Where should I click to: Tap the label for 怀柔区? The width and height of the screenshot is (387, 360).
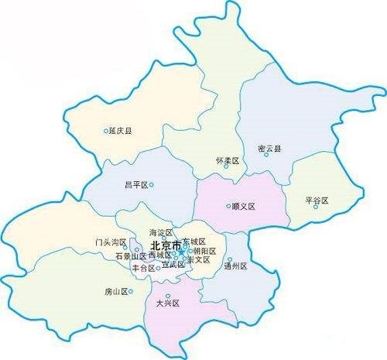click(x=228, y=160)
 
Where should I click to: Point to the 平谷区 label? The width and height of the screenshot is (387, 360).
click(x=317, y=201)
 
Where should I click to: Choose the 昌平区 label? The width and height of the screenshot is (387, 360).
click(x=136, y=185)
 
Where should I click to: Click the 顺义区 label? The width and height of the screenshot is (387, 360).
click(x=244, y=207)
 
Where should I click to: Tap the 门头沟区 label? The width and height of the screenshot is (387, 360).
click(x=110, y=242)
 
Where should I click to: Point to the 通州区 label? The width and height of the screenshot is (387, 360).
click(x=235, y=266)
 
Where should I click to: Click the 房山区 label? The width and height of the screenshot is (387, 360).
click(x=115, y=292)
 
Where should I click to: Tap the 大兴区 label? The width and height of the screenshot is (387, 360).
click(x=167, y=303)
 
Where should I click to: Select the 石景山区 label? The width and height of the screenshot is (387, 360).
click(x=130, y=255)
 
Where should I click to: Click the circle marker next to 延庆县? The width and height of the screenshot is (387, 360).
click(x=106, y=131)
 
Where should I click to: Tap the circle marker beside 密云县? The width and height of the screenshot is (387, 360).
click(x=266, y=154)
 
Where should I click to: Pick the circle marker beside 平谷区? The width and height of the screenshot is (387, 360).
click(x=316, y=207)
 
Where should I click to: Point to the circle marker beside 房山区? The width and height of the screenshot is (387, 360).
click(x=131, y=292)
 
